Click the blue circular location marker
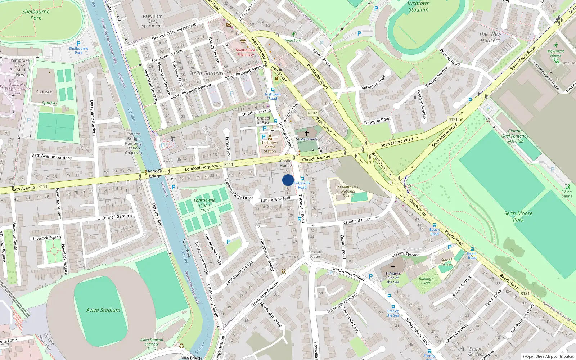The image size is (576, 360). [288, 180]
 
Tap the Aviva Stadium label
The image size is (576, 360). [103, 310]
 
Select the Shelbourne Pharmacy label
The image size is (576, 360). [246, 52]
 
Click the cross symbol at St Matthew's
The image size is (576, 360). [307, 134]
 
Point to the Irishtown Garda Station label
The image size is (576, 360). [270, 147]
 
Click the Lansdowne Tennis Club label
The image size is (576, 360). [204, 205]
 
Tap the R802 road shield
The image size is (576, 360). [312, 113]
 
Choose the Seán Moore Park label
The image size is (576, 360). [518, 216]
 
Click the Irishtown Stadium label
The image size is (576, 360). [418, 6]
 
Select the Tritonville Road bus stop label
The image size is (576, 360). [302, 185]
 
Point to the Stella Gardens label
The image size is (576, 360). [206, 73]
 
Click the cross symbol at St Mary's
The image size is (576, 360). [393, 267]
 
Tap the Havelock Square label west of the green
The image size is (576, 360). [46, 238]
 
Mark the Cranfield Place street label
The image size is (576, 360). [357, 221]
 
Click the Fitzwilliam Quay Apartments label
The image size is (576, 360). [152, 21]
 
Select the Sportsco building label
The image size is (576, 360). [44, 92]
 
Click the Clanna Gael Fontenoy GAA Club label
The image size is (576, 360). [515, 136]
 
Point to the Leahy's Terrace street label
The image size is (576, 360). [405, 254]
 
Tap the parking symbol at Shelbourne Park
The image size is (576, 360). [78, 43]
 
